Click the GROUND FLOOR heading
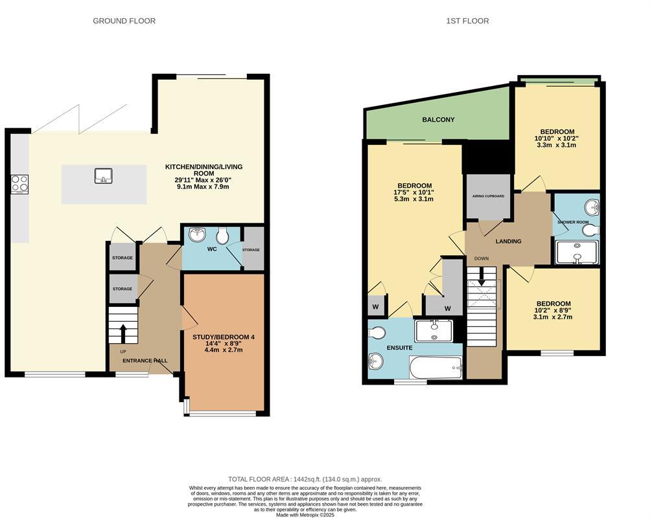pos(124,21)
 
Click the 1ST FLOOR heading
pos(467,21)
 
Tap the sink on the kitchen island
pos(103,175)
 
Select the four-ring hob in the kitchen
pos(19,184)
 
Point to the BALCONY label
pos(438,120)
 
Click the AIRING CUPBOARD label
pos(488,196)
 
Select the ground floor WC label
pos(212,249)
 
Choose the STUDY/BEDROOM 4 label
pos(224,337)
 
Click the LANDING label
pos(508,242)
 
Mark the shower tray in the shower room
pos(576,252)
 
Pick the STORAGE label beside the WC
pos(251,250)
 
